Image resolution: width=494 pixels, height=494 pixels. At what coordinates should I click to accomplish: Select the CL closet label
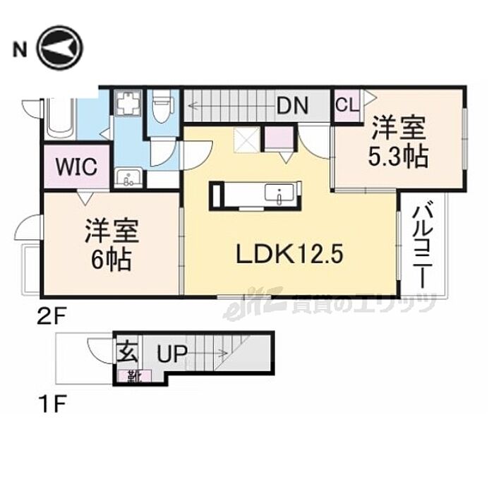[x=346, y=105]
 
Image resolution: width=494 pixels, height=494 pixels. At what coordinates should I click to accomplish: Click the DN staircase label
[x=292, y=105]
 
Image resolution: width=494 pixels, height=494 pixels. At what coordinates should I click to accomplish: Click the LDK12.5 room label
[x=289, y=253]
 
